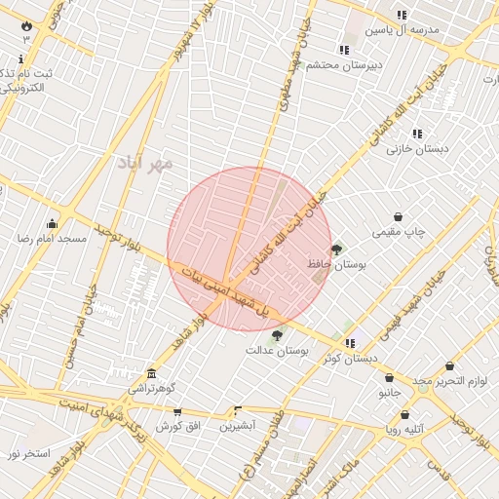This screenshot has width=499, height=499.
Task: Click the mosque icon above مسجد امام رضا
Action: click(x=52, y=223)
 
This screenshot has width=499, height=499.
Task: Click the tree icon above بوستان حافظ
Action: click(x=336, y=250)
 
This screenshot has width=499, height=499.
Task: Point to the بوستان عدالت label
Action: click(x=277, y=349)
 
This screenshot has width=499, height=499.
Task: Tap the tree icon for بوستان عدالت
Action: click(x=277, y=335)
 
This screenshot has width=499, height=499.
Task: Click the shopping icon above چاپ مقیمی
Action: click(x=399, y=217)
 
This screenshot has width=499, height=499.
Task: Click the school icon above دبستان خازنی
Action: click(x=417, y=134)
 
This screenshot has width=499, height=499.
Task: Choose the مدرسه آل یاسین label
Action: click(x=403, y=30)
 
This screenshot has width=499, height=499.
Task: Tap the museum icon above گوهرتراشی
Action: click(x=151, y=373)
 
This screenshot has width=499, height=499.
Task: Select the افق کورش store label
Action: click(x=177, y=427)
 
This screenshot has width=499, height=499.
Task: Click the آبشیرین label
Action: click(x=237, y=426)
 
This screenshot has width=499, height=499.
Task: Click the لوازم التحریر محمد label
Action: click(x=447, y=380)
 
